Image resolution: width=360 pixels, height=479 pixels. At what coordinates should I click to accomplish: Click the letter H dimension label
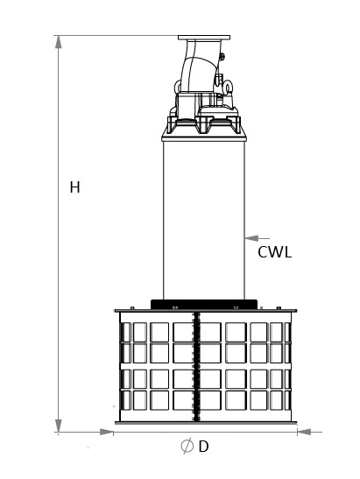[x=74, y=187]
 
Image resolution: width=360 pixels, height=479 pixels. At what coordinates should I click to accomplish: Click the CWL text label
[x=274, y=252]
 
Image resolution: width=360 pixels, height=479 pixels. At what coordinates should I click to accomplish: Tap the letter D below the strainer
[x=203, y=447]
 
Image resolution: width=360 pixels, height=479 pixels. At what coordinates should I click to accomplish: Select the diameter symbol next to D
[x=187, y=446]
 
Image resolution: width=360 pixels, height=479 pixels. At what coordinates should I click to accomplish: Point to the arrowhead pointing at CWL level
[x=251, y=238]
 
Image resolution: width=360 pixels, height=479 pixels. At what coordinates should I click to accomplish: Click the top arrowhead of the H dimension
[x=58, y=42]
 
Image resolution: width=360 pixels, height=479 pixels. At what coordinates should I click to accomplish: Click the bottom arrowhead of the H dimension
[x=58, y=426]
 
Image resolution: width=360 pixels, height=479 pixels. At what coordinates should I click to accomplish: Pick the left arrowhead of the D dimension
[x=107, y=432]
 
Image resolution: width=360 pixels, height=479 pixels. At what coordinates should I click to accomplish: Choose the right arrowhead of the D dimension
[x=304, y=432]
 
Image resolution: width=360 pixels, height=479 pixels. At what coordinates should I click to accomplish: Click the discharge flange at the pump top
[x=204, y=38]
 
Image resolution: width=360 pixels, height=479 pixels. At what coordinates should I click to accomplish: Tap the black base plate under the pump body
[x=204, y=304]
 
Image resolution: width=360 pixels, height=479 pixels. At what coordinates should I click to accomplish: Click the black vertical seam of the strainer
[x=196, y=367]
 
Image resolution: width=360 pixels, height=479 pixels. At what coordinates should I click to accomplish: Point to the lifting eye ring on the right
[x=228, y=87]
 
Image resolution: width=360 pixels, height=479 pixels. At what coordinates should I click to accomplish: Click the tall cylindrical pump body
[x=204, y=220]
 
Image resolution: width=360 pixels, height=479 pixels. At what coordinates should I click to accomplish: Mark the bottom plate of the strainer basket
[x=206, y=423]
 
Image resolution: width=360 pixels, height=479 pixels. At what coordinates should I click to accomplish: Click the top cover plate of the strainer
[x=206, y=311]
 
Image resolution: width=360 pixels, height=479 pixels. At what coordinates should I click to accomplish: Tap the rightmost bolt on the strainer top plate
[x=279, y=307]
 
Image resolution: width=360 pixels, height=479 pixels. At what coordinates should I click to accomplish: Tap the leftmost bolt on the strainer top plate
[x=132, y=307]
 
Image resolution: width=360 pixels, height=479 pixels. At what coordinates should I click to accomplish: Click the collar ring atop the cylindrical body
[x=204, y=138]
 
